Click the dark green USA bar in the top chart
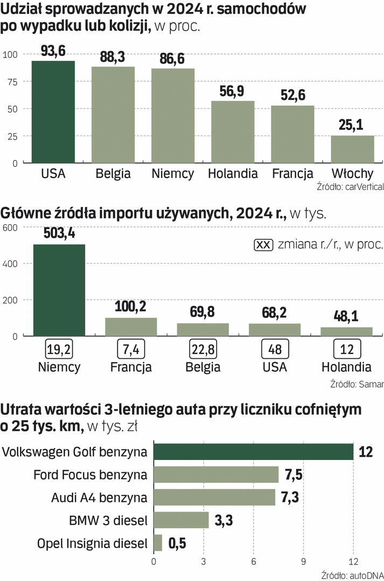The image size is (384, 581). [53, 111]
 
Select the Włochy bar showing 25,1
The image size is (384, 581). [352, 149]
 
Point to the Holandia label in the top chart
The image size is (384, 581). [233, 174]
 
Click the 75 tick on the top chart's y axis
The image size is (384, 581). [11, 82]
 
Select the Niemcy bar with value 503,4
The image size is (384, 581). [59, 290]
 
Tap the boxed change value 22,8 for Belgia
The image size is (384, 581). [203, 350]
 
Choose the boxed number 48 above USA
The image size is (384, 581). [275, 350]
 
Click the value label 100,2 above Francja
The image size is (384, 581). [131, 308]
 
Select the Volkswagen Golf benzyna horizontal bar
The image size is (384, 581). [254, 452]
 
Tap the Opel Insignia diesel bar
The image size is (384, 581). [158, 543]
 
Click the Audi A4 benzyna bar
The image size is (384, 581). [214, 498]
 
